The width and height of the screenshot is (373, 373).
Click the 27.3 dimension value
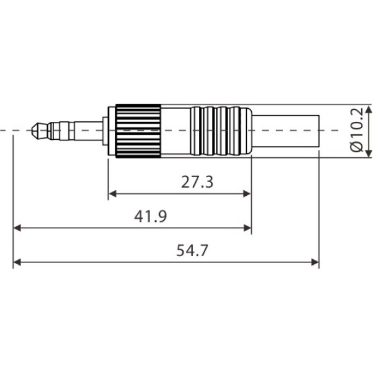tap(197, 182)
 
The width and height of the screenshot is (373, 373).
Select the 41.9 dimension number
tap(150, 216)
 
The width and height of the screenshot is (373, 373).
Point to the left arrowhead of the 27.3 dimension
tap(112, 194)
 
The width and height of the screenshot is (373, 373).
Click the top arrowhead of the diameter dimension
tap(369, 109)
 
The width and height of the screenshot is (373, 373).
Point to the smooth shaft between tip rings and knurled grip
tap(87, 131)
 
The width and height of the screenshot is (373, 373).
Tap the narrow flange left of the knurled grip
tap(111, 131)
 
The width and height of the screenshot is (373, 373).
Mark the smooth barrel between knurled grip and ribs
tap(177, 131)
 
